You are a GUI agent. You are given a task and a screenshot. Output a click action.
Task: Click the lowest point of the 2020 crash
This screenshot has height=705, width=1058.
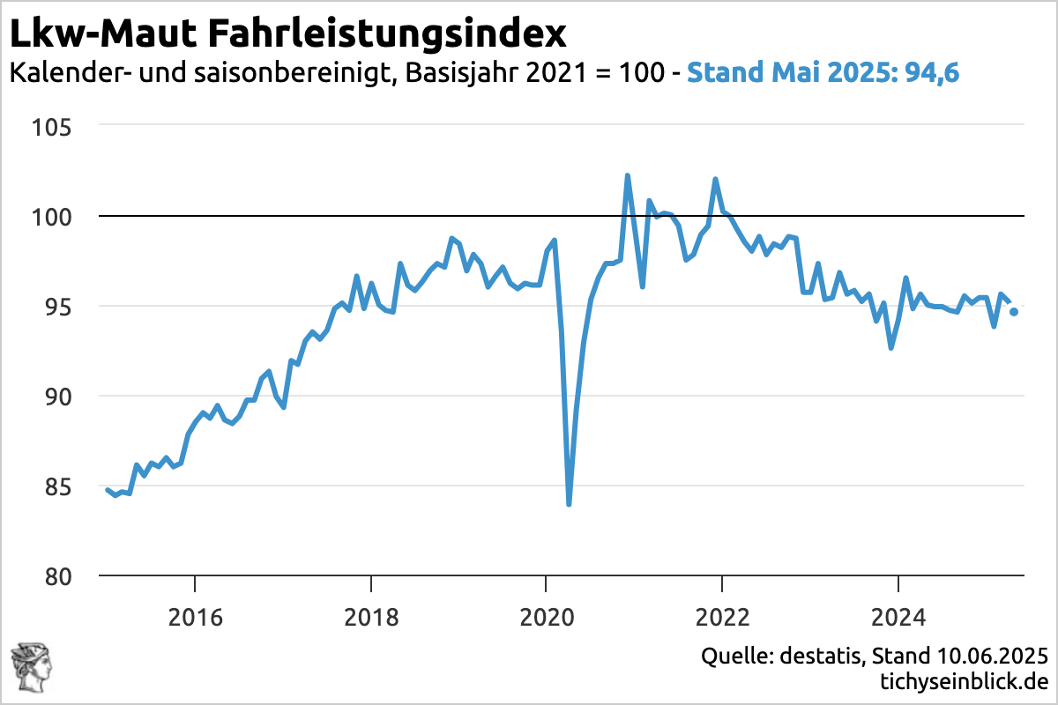click(x=569, y=504)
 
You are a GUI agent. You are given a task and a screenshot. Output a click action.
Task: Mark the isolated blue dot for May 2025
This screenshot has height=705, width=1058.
click(x=1014, y=312)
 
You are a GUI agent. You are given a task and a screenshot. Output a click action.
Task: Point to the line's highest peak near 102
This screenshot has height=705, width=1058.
click(x=628, y=176)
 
